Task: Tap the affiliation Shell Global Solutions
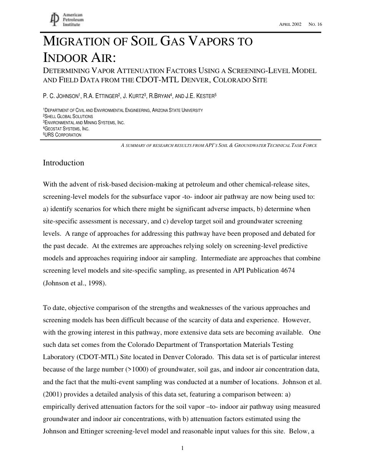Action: tap(68, 116)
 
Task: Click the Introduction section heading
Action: tap(63, 163)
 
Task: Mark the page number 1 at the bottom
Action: tap(182, 448)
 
